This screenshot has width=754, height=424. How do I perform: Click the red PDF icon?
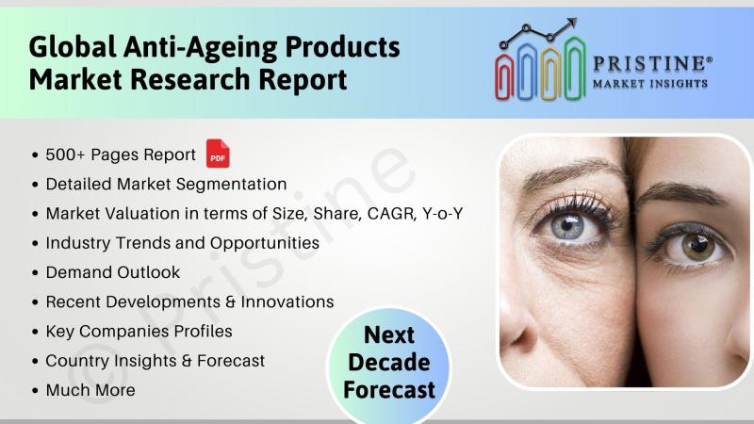coord(218,154)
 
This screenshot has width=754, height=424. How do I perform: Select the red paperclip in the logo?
coord(504,77)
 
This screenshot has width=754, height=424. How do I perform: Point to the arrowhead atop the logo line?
coord(571,23)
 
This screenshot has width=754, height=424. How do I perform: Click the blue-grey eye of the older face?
coord(569,225)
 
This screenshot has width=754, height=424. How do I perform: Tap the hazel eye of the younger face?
coord(695,246)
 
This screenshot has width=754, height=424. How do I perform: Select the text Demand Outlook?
coord(113,272)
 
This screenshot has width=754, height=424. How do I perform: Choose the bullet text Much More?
coord(90,390)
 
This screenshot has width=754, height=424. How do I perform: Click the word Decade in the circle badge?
coord(389,363)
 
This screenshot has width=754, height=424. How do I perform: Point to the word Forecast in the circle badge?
coord(389,390)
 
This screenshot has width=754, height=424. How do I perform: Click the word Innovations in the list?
coord(287,302)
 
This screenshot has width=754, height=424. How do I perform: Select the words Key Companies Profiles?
coord(139,332)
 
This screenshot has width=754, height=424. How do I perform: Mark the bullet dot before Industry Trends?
coord(35,244)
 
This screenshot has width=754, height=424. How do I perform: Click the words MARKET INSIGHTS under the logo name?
coord(650,84)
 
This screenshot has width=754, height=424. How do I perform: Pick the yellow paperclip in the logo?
coord(550,73)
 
